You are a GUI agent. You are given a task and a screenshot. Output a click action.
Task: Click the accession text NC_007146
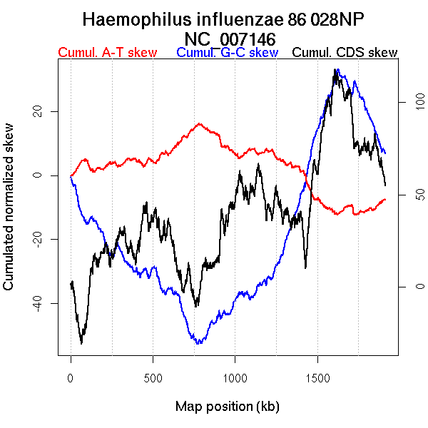point(230,38)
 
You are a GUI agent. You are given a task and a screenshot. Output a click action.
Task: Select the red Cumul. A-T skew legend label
point(107,53)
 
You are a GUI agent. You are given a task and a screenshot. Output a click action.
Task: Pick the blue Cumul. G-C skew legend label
point(227,53)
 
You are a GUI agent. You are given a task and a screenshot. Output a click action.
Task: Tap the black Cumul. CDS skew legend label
point(345,53)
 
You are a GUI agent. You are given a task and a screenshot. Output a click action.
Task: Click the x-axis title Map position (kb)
point(227,407)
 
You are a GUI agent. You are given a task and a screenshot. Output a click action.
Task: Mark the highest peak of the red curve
point(200,123)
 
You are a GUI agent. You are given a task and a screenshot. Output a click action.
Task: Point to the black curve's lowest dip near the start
point(81,342)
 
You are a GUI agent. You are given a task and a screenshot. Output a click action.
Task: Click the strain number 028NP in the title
point(343,19)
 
